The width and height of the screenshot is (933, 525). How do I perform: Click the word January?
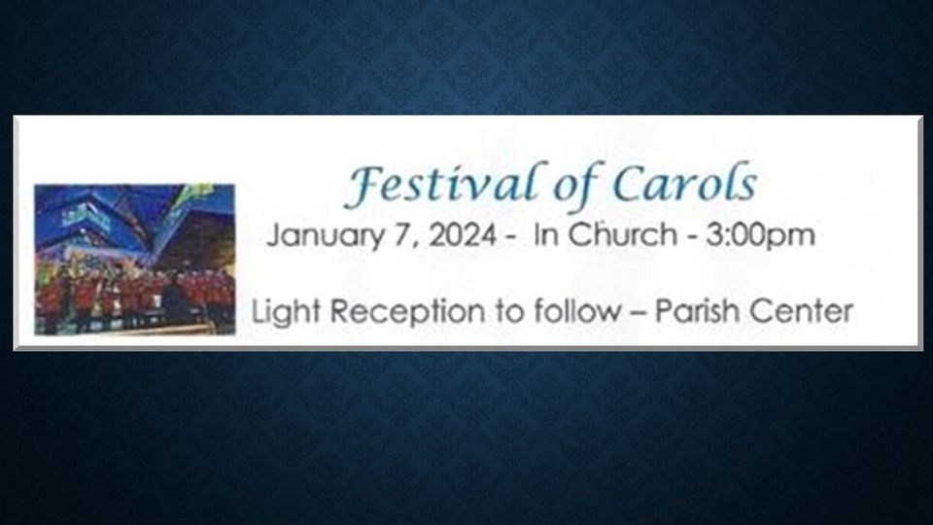326,235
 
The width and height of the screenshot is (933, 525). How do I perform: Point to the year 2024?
463,234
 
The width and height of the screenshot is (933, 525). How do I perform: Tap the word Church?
622,234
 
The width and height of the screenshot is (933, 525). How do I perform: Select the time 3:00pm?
760,235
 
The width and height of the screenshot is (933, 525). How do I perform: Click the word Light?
286,312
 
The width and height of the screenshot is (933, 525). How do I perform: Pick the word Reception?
407,312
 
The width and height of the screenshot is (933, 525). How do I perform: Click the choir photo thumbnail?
135,260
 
